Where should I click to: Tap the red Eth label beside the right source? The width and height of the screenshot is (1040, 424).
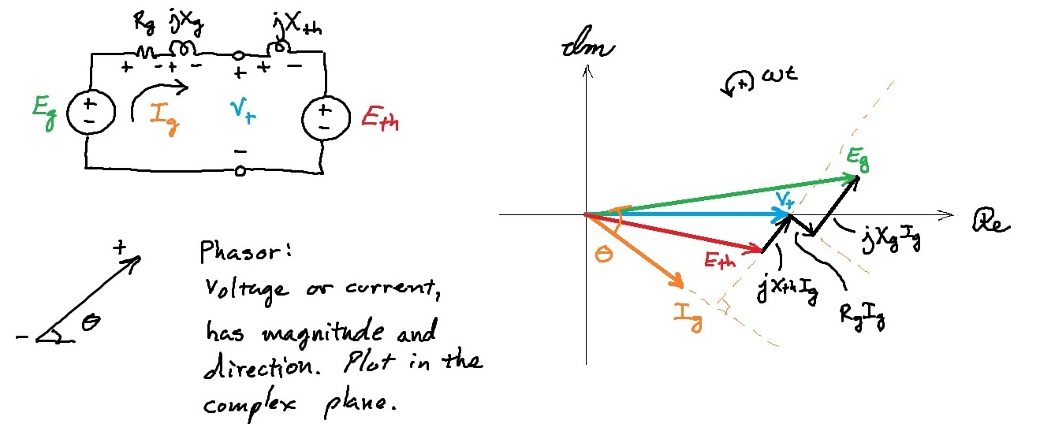click(378, 119)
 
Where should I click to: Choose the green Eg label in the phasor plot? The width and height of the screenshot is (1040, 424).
click(859, 158)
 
